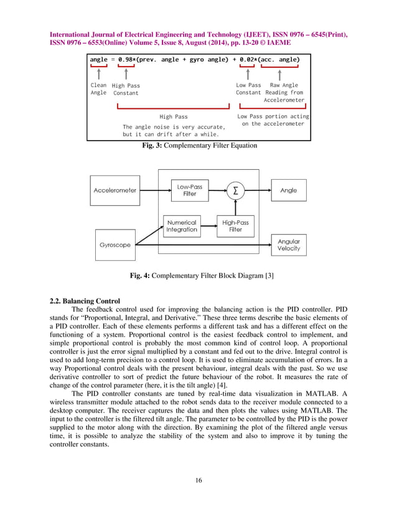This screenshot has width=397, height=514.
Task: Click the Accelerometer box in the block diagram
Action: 115,190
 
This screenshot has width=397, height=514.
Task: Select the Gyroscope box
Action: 115,245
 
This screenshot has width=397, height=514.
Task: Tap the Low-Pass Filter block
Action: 189,190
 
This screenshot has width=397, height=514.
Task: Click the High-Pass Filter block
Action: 235,226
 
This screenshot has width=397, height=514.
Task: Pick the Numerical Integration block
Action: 182,226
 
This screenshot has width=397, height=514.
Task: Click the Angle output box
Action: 288,190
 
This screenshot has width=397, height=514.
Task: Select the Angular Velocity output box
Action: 288,245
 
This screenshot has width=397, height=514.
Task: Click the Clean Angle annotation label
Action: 98,89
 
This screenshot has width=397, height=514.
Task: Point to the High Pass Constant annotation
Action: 126,90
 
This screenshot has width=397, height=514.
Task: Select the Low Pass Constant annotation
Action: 248,89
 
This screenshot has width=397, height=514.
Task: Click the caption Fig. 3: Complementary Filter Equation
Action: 200,146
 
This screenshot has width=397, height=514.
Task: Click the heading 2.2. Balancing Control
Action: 85,301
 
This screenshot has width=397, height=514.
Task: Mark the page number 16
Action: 198,479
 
